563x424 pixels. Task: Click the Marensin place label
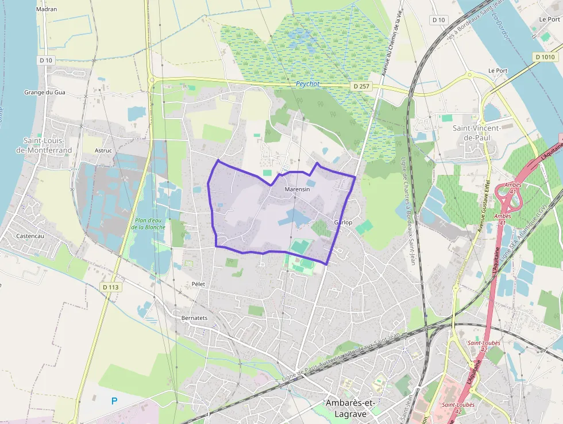coord(297,189)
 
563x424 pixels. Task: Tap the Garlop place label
coord(343,222)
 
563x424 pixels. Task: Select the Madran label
coord(46,9)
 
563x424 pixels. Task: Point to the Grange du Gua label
coord(45,92)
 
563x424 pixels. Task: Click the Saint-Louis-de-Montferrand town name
coord(48,146)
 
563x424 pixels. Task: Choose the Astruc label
coord(103,151)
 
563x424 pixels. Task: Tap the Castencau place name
coord(30,236)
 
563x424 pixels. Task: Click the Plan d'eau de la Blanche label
coord(148,223)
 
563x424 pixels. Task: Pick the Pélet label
coord(198,284)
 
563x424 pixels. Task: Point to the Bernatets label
coord(194,318)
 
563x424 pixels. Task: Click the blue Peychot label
coord(307,84)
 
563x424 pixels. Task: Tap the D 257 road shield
coord(361,86)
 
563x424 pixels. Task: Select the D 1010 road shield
coord(545,57)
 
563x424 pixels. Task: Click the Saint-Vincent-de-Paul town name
coord(477,133)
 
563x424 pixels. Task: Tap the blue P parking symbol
coord(114,400)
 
